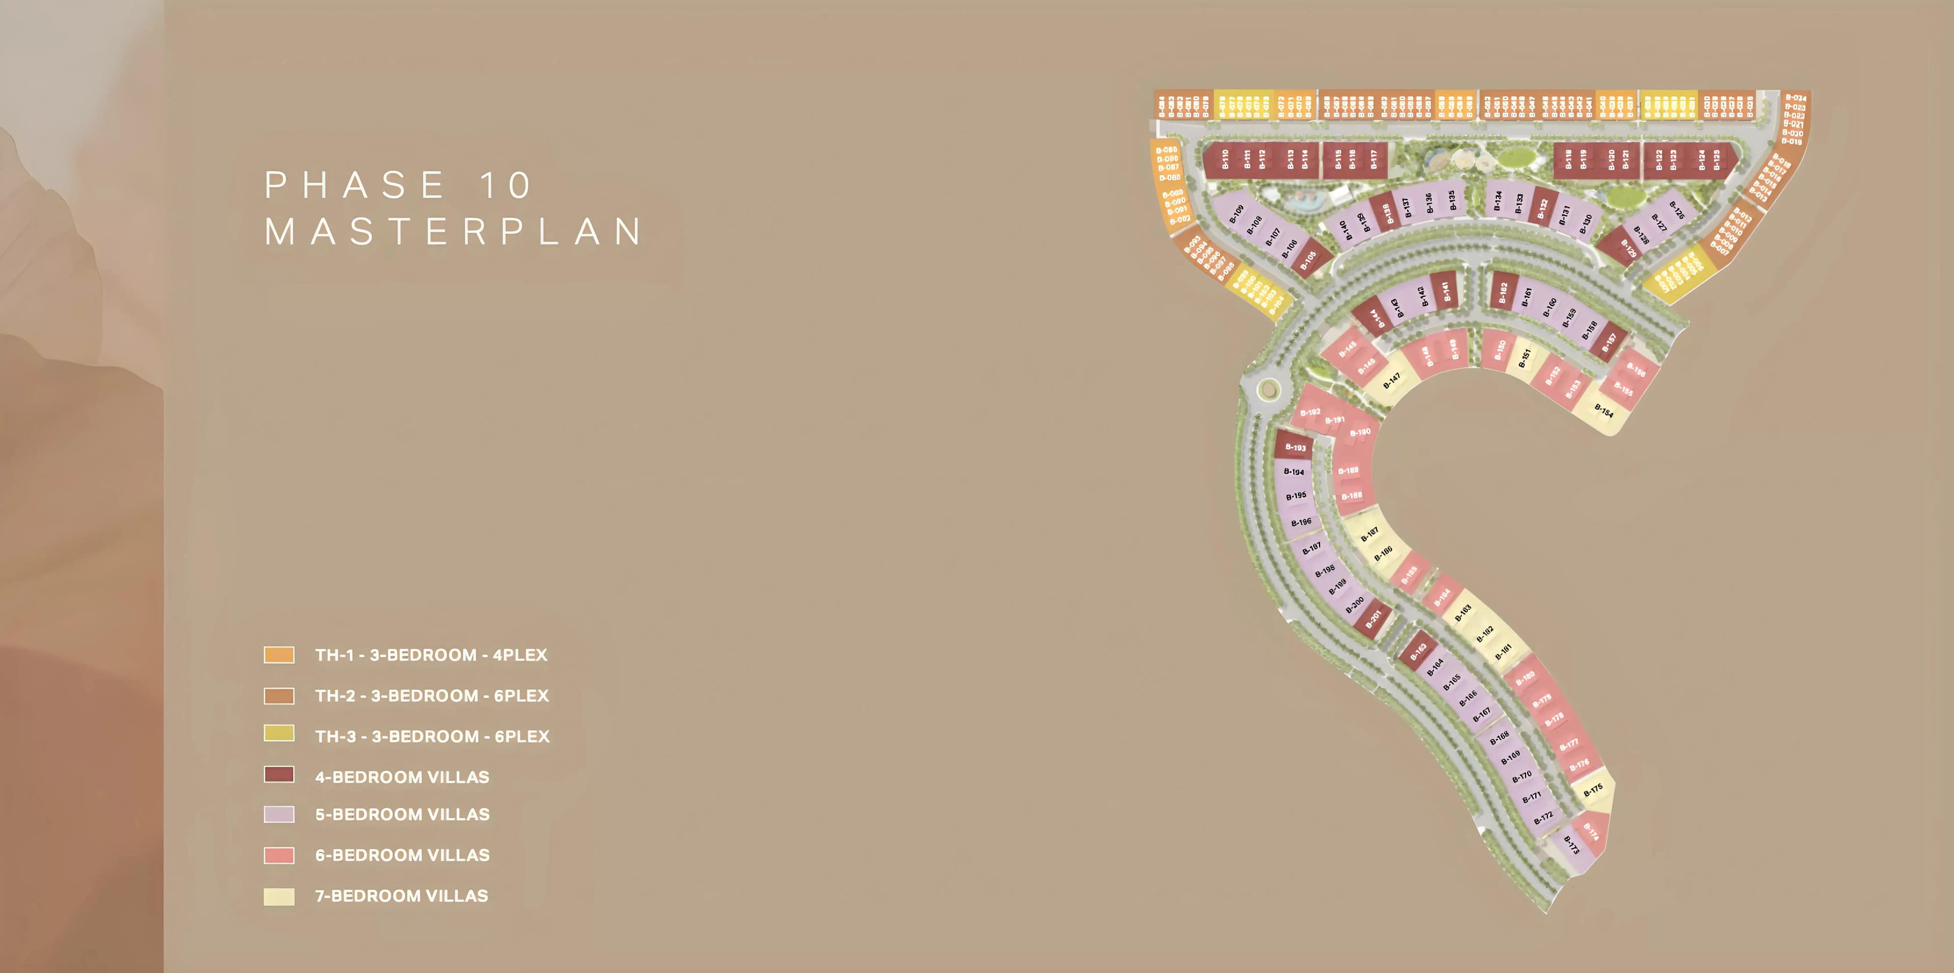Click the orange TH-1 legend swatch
pos(278,654)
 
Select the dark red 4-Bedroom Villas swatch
pos(278,774)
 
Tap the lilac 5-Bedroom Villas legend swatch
pos(278,814)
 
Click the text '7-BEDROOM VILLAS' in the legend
pos(401,896)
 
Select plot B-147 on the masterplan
pos(1392,379)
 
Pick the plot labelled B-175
pos(1594,789)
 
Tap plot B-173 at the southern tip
pos(1572,845)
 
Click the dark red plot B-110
pos(1224,159)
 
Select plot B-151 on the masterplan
pos(1525,357)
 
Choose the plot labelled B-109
pos(1237,213)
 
